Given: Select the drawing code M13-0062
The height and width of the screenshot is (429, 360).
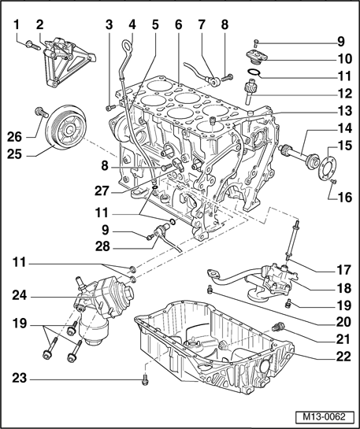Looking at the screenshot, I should click(324, 415).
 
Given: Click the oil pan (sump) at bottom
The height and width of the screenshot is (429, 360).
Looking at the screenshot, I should click(213, 346).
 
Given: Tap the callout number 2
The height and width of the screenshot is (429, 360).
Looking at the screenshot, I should click(39, 24).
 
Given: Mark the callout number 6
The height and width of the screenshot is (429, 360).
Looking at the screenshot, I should click(179, 24).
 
